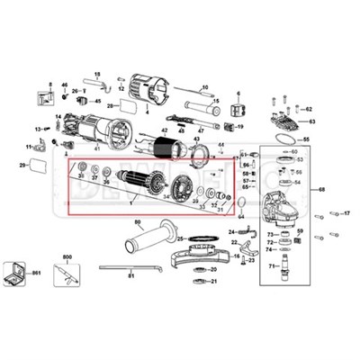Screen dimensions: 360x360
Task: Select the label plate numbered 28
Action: pyautogui.click(x=127, y=105)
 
